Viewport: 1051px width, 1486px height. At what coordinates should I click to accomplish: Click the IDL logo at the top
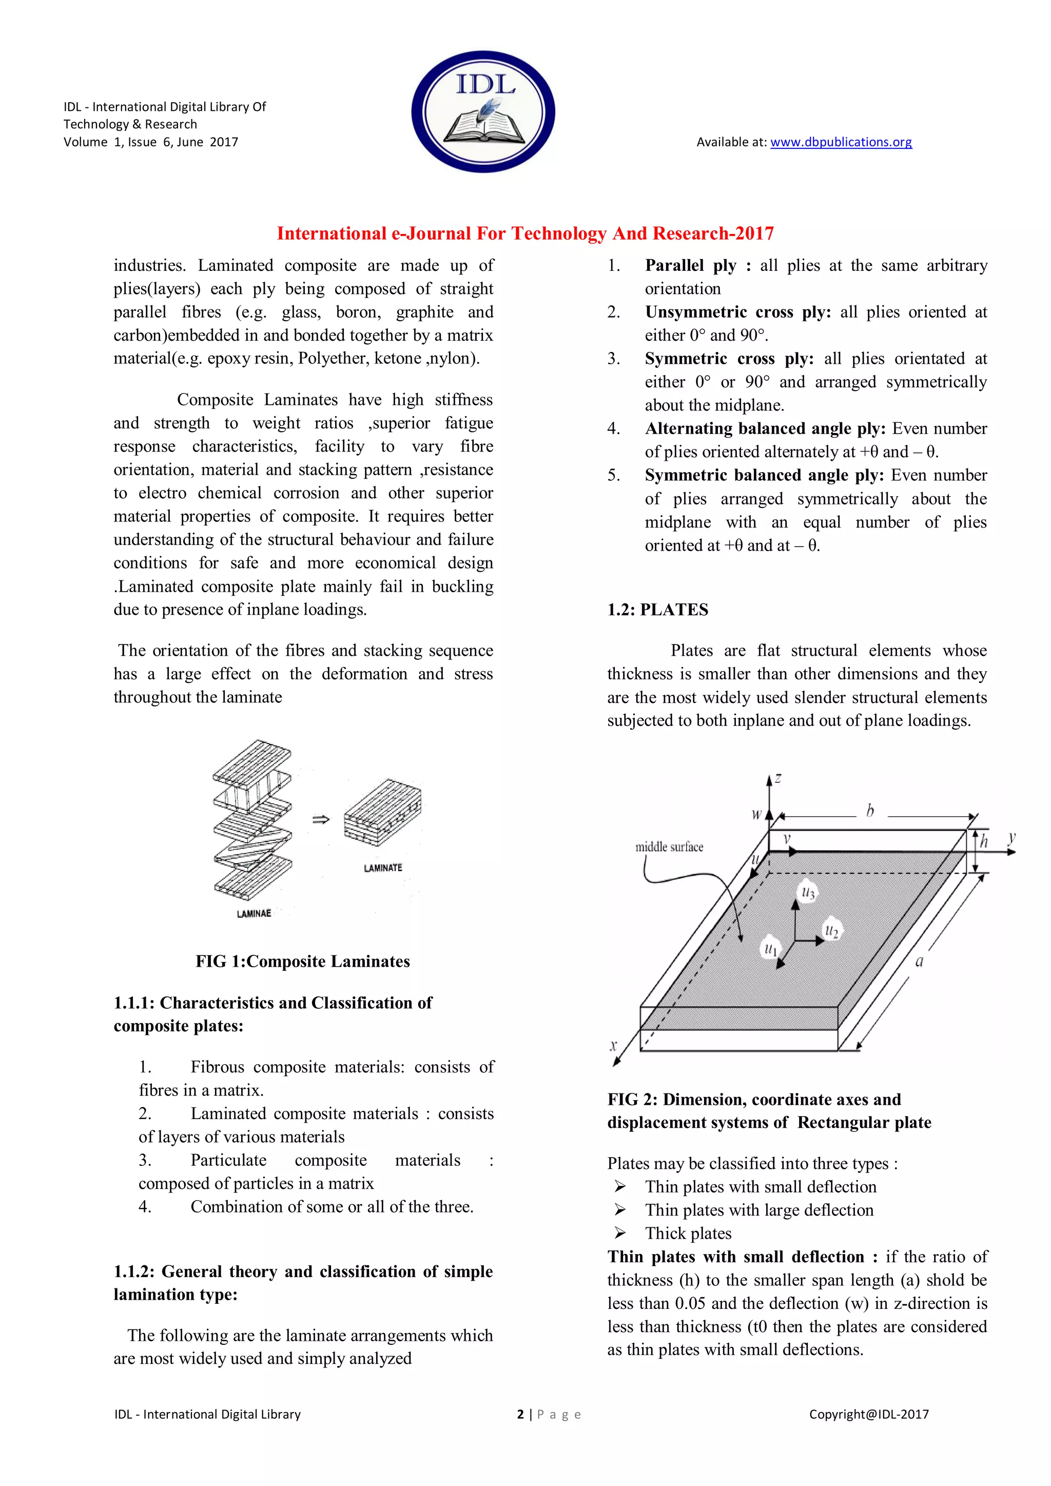pos(483,111)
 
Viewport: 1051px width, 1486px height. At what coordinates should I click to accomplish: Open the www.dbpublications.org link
pos(841,142)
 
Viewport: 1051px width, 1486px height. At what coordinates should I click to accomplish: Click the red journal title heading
pos(525,233)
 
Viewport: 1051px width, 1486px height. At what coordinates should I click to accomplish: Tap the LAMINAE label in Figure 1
pos(254,913)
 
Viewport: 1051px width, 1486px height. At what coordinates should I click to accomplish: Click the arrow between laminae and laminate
pos(321,819)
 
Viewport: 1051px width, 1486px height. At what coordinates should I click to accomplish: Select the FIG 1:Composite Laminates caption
pos(303,961)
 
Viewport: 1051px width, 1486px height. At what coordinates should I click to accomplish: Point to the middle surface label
pos(669,847)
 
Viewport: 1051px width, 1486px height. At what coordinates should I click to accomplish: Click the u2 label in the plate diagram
pos(831,931)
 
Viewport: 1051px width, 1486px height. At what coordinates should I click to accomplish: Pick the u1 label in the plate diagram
pos(770,949)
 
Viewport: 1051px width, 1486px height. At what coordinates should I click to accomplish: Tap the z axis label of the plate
pos(778,778)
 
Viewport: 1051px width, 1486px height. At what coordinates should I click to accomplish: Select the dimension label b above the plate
pos(870,810)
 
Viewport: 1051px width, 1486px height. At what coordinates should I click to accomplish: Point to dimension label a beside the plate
pos(919,962)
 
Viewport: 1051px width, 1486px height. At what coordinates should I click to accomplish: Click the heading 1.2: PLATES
pos(657,610)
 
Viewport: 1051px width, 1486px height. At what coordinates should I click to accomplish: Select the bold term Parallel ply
pos(691,265)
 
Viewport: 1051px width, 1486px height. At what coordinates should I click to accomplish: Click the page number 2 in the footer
pos(520,1414)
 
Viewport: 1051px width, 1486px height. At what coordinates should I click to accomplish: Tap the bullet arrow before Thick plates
pos(620,1233)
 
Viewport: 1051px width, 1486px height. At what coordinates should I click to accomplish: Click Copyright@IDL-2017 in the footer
pos(868,1414)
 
